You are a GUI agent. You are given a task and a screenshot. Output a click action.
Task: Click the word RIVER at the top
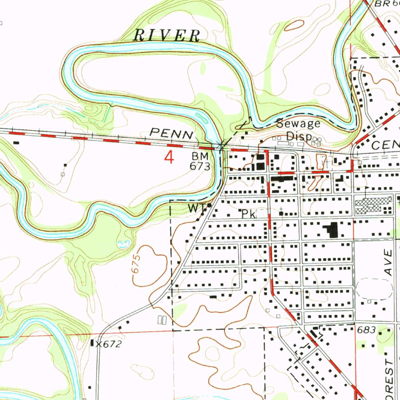(167, 36)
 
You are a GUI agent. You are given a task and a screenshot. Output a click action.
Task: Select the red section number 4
(169, 158)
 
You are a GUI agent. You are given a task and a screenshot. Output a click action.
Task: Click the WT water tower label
(195, 209)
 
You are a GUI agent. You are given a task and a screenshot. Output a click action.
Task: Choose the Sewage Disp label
(298, 130)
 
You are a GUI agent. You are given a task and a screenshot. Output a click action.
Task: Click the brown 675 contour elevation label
(136, 266)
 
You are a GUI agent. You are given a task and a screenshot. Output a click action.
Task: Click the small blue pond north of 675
(123, 244)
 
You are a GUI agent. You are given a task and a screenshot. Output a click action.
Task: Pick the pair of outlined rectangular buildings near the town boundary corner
(162, 320)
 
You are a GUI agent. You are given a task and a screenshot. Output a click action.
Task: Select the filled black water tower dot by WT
(209, 205)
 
